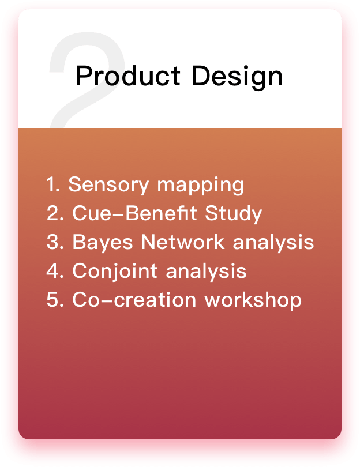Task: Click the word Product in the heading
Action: coord(128,76)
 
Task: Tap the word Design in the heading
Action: coord(237,77)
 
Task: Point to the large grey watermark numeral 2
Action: coord(87,80)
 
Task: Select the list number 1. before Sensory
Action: coord(53,184)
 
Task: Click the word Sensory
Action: coord(108,186)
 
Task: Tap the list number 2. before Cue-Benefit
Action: coord(55,213)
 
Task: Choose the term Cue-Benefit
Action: coord(134,213)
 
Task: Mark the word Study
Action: coord(233,214)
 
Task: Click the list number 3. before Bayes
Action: coord(55,242)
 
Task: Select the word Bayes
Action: coord(102,243)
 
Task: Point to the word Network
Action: coord(182,242)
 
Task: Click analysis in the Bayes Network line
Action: coord(273,243)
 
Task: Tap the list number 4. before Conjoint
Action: coord(55,271)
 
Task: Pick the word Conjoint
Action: coord(115,272)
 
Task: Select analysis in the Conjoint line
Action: coord(206,272)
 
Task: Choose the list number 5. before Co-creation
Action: coord(55,300)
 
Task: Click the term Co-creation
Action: coord(134,300)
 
